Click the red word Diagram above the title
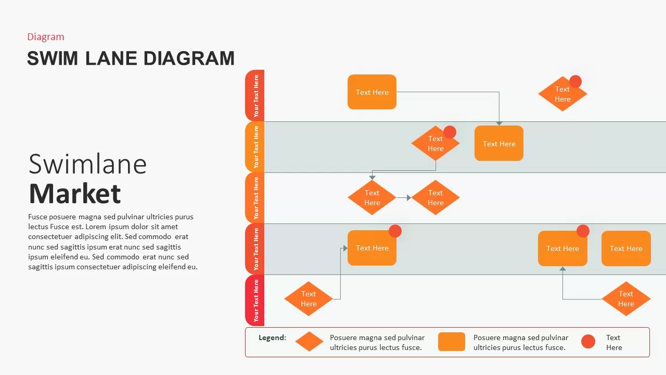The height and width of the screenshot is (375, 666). [x=46, y=37]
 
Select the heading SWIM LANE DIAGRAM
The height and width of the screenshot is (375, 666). [x=131, y=58]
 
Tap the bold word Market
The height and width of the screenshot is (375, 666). [x=75, y=194]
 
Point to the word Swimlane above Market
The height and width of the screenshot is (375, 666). [x=87, y=164]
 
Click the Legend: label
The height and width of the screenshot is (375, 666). [x=272, y=337]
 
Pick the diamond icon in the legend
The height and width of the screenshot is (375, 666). [x=309, y=342]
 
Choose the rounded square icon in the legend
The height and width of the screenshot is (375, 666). [x=451, y=342]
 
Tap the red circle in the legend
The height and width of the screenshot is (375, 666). [x=588, y=342]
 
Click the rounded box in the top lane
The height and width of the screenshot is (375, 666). [x=372, y=92]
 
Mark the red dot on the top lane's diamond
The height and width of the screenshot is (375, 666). [x=575, y=81]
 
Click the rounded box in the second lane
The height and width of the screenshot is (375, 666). [x=498, y=144]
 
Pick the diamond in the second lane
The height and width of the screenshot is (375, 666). [x=434, y=144]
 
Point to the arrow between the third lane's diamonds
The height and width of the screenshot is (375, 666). [x=404, y=198]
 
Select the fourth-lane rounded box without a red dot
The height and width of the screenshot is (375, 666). [x=626, y=248]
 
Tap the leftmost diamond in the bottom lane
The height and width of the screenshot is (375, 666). [x=308, y=299]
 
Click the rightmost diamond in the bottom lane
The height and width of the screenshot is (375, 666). [x=626, y=299]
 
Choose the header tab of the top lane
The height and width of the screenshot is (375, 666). [x=255, y=95]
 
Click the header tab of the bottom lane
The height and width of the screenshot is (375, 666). [x=255, y=301]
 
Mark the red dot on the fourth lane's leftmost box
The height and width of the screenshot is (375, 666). [x=395, y=231]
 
